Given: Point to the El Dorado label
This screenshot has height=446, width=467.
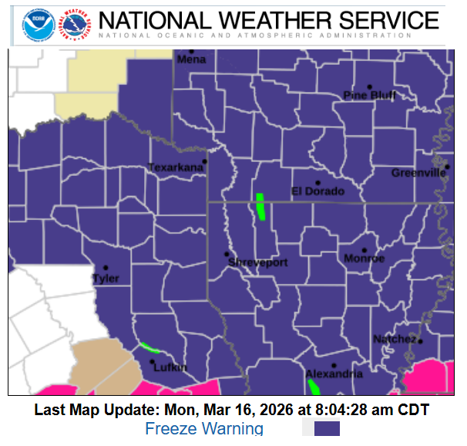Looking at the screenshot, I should point(317,191).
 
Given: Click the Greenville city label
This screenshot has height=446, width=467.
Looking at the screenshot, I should point(418,173).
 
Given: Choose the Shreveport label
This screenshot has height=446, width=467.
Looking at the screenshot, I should point(257,262).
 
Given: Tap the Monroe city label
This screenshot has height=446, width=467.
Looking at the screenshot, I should point(364,258).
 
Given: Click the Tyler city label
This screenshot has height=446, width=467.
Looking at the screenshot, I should point(106,278).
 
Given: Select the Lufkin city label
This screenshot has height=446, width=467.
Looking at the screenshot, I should point(170,367).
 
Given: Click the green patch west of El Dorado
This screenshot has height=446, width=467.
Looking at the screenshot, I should point(260,206).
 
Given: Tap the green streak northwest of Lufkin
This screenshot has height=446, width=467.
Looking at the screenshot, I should point(149,347).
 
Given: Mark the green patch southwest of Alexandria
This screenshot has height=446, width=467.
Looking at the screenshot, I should point(314,386).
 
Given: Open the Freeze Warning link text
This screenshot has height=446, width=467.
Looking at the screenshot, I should point(204,429).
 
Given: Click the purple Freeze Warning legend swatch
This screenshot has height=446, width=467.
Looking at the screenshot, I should point(327,429).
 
